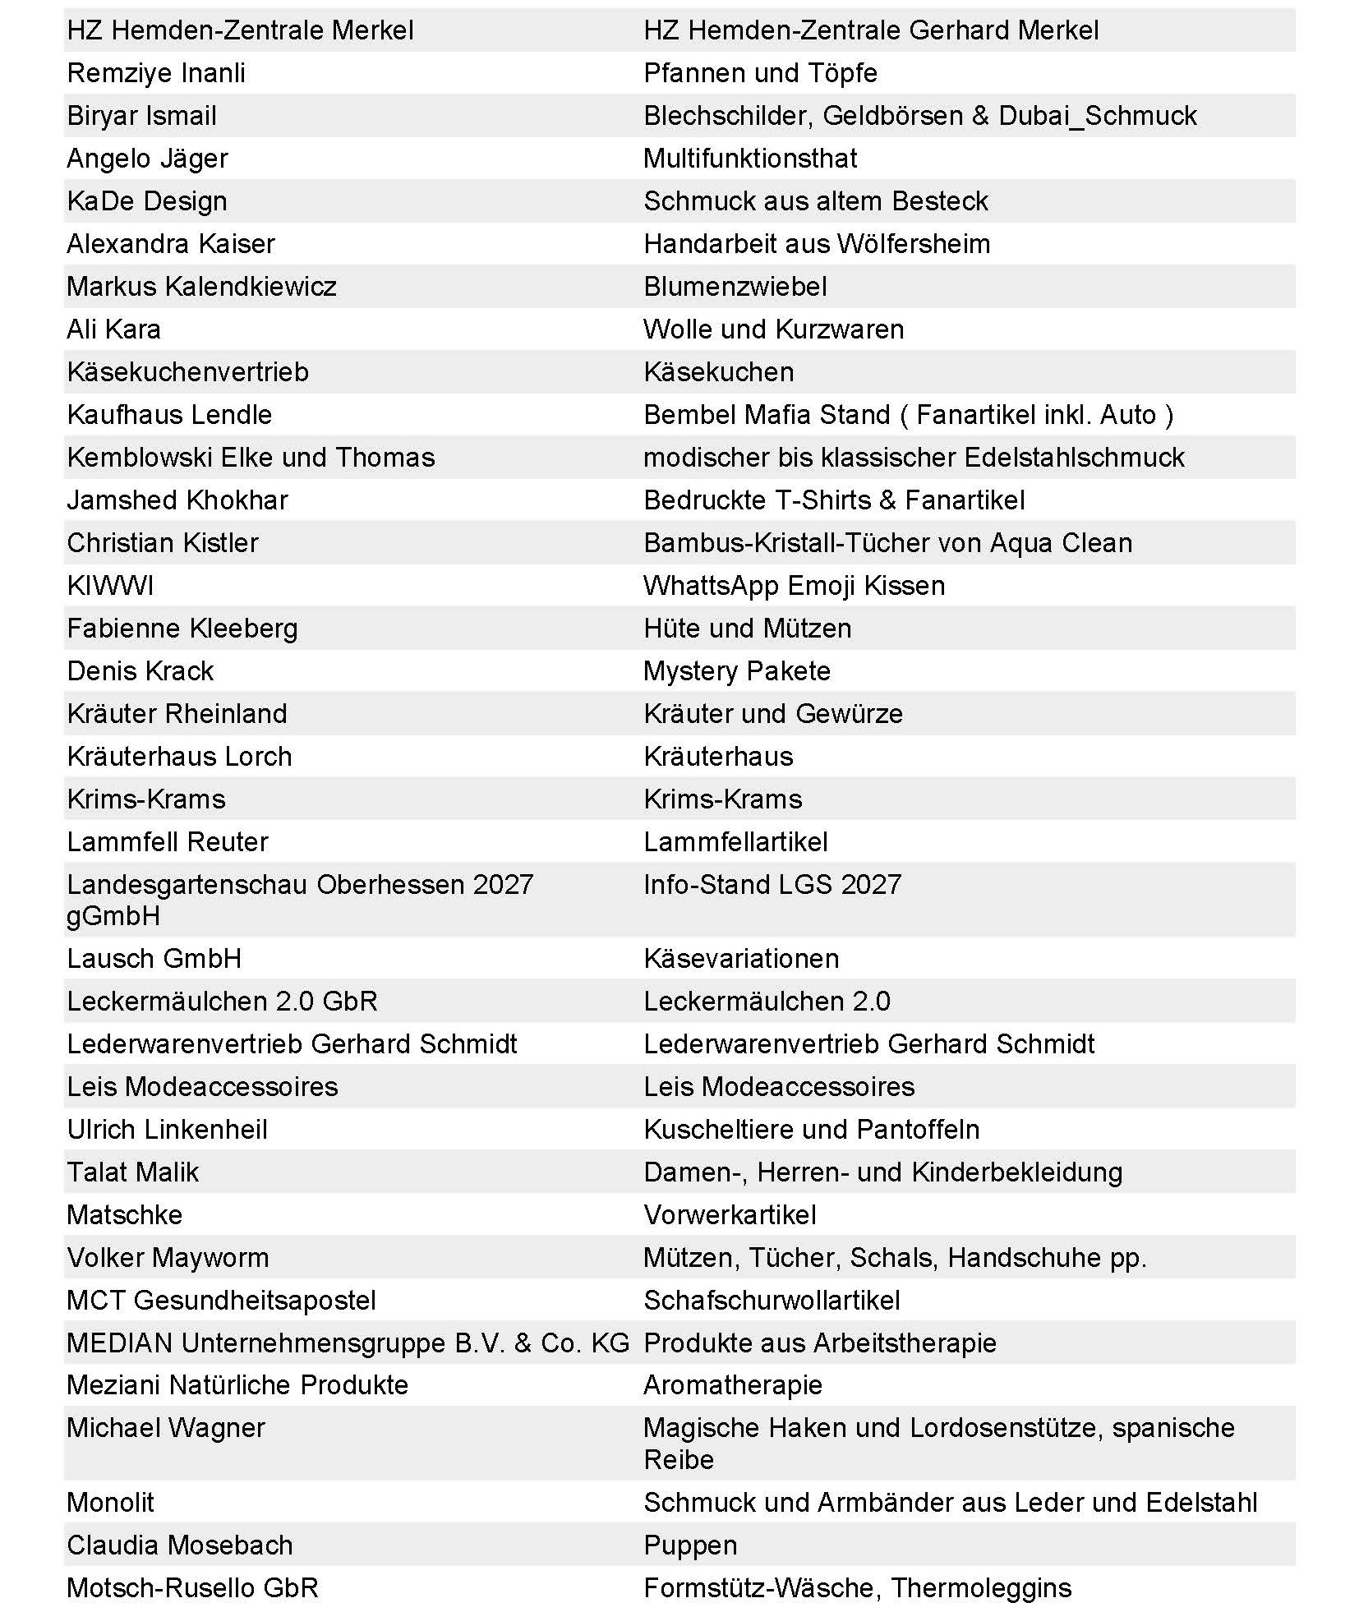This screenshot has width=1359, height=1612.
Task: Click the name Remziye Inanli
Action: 156,73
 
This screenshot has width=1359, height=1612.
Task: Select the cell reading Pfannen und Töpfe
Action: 760,73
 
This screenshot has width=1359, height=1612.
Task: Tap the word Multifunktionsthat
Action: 749,159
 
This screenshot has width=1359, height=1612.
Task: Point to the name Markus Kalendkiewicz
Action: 201,287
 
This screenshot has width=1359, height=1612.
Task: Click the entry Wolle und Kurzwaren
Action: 773,329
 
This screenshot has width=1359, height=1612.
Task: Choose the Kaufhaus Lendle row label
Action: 169,415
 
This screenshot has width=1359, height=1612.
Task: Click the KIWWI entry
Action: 110,586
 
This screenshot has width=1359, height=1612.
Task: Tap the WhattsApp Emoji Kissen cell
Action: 794,586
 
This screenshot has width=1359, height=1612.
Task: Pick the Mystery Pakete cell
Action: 737,671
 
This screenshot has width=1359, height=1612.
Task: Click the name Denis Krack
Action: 140,671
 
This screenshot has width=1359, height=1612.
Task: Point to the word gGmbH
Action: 113,916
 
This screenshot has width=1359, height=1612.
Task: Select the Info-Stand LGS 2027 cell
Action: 772,885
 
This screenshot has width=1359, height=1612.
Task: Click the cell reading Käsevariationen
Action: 741,959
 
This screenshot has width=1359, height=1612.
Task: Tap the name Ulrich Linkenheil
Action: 167,1130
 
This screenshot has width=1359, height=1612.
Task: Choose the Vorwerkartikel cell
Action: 730,1215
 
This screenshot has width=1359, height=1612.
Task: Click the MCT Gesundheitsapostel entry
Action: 221,1301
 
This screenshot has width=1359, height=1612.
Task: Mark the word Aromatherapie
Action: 733,1385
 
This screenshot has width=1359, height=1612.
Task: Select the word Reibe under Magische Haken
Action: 679,1459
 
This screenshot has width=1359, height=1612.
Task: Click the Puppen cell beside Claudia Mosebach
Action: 690,1545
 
